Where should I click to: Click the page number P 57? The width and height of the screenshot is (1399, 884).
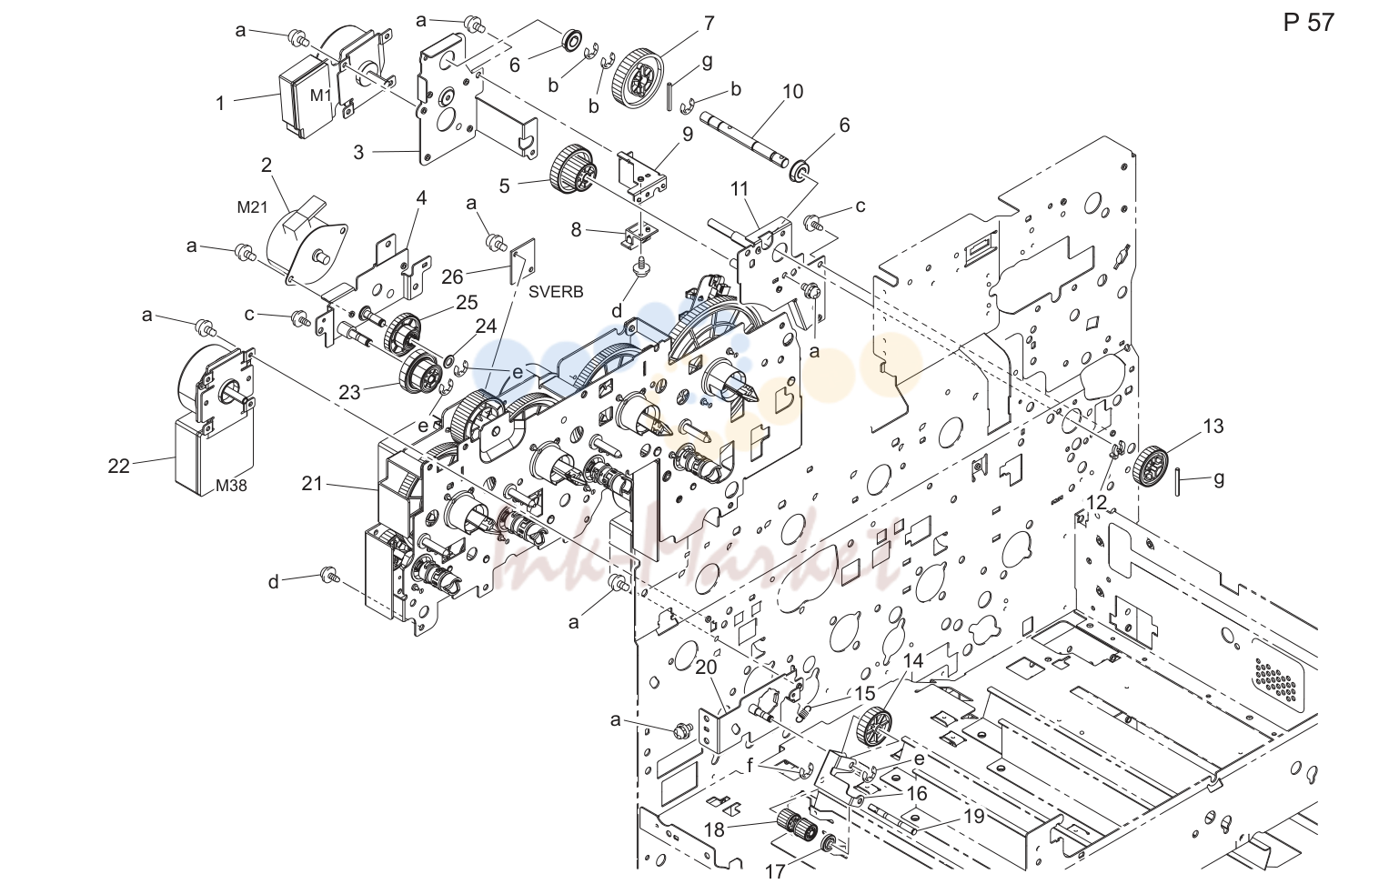pos(1308,23)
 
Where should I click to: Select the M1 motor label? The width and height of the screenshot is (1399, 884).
pos(321,95)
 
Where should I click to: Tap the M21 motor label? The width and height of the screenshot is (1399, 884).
pos(252,207)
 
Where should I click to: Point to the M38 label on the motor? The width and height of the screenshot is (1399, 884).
pos(231,485)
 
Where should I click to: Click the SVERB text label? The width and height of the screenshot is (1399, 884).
pos(556,292)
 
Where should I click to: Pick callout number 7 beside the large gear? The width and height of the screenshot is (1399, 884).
pos(709,23)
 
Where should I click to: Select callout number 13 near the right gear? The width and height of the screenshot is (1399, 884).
pos(1213,427)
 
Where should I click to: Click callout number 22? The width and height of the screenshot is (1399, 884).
pos(118,466)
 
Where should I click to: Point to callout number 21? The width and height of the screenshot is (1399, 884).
pos(312,483)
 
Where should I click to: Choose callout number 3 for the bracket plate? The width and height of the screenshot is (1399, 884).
pos(358,152)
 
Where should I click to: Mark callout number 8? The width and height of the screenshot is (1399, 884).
pos(576,230)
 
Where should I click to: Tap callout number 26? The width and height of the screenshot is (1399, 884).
pos(452,276)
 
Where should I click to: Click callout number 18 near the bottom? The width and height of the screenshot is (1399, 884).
pos(714,829)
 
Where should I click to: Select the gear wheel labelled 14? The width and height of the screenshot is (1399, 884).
pos(874,726)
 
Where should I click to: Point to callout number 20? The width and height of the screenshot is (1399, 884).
pos(707,668)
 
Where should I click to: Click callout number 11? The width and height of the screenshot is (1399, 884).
pos(740,188)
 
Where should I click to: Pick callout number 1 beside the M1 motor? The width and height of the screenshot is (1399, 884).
pos(220,104)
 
